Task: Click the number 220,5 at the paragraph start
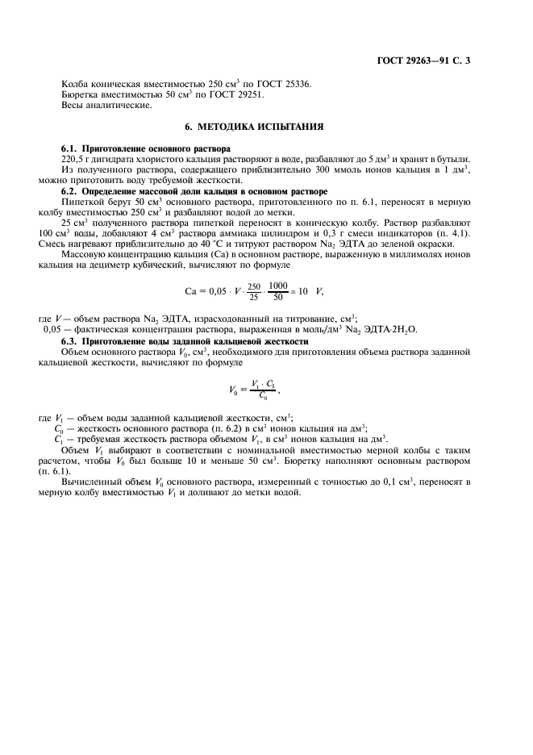click(73, 160)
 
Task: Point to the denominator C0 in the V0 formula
click(263, 396)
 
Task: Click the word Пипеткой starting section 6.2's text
click(81, 202)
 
